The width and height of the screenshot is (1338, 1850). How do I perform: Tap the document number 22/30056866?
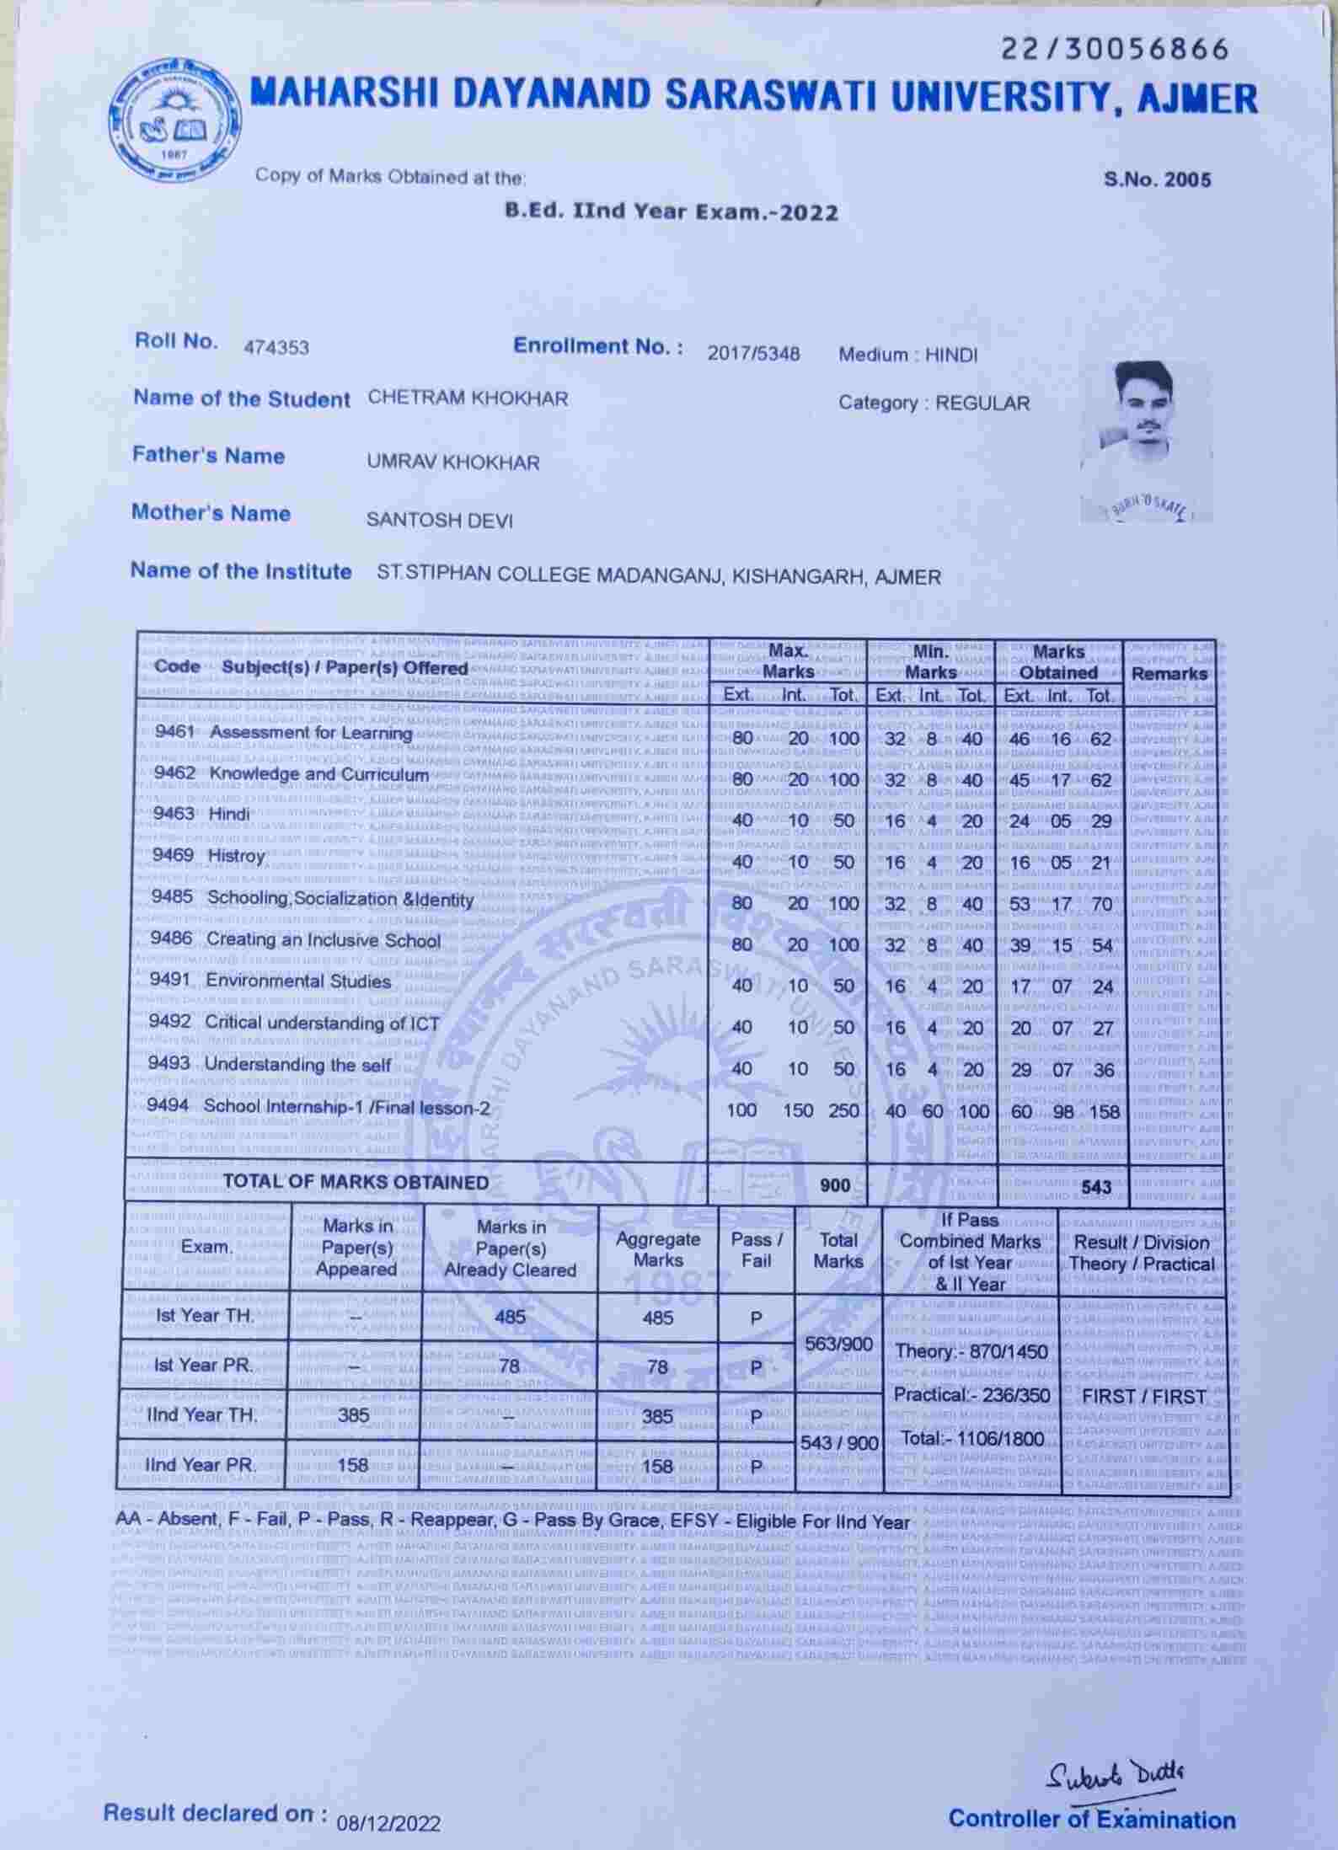point(1115,50)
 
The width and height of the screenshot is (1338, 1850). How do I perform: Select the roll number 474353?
point(276,347)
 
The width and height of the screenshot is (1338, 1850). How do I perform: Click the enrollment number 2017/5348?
point(753,353)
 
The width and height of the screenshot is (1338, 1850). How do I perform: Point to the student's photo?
point(1146,441)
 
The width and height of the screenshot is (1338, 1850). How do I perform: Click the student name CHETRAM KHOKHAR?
point(468,398)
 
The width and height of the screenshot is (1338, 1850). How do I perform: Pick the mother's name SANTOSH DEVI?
point(439,520)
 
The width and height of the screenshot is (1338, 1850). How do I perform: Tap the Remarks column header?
point(1169,673)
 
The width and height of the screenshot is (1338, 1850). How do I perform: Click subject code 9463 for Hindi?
point(174,814)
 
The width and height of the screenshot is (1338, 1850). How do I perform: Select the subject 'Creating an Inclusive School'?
point(324,940)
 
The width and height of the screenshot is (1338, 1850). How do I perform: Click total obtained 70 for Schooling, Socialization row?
point(1101,905)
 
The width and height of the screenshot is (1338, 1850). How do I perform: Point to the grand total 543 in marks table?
point(1096,1187)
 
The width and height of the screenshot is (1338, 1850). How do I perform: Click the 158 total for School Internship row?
point(1104,1112)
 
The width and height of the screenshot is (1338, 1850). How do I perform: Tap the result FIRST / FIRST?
point(1143,1396)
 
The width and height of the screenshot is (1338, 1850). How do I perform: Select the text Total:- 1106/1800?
point(971,1438)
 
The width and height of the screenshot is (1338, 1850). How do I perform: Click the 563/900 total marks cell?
point(838,1344)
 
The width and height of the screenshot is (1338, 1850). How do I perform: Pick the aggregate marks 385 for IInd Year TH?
point(657,1416)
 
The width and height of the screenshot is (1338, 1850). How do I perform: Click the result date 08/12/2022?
point(388,1823)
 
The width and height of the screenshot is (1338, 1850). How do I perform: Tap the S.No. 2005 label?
point(1157,179)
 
